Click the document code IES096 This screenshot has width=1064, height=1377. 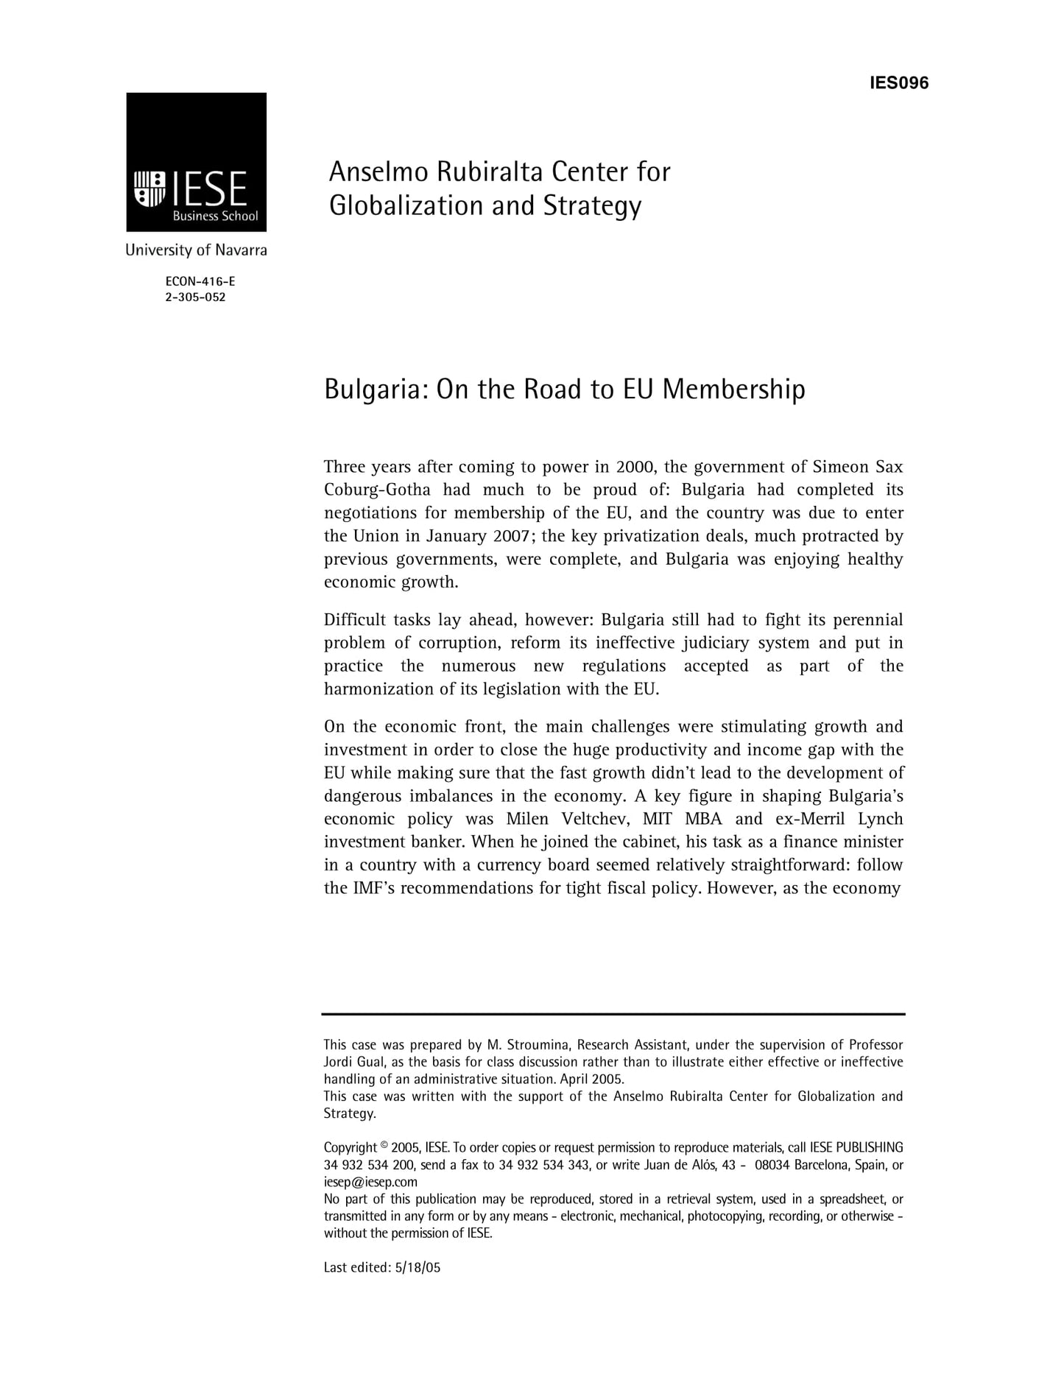coord(898,82)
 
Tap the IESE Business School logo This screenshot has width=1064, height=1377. coord(196,162)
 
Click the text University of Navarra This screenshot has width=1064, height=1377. coord(196,250)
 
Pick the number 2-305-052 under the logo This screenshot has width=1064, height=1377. coord(196,297)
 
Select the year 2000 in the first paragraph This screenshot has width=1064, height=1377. coord(635,467)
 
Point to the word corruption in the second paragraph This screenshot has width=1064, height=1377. coord(459,643)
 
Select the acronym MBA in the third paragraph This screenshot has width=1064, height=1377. coord(703,819)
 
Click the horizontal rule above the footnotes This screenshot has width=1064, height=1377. coord(613,1014)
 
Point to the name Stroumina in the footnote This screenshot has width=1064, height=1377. coord(537,1045)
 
